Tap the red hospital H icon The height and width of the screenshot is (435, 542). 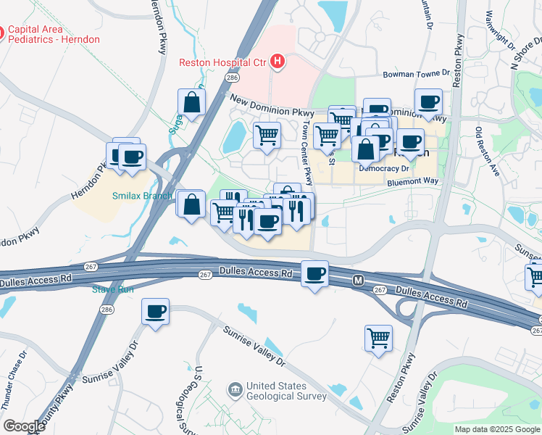[277, 62]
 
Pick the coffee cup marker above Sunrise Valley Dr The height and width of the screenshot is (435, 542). [155, 312]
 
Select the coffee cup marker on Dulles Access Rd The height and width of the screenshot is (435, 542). [314, 273]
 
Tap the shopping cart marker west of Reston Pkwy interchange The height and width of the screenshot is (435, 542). [378, 337]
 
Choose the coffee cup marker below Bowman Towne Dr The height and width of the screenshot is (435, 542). [428, 102]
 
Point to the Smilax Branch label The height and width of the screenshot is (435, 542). [142, 196]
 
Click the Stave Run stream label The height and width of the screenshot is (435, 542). [113, 290]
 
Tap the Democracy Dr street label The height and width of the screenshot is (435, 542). [385, 168]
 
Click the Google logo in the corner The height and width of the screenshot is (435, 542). [23, 426]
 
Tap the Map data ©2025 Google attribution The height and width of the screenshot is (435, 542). [496, 429]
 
